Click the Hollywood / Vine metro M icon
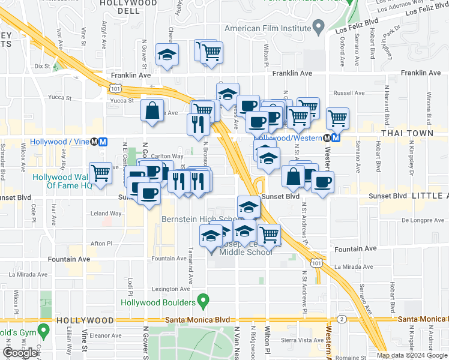[x=103, y=142]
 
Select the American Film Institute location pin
[x=319, y=28]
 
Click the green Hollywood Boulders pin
[x=204, y=299]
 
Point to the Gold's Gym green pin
[x=43, y=330]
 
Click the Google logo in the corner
[x=20, y=353]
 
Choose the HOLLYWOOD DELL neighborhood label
[x=128, y=4]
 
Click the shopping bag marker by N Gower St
[x=152, y=111]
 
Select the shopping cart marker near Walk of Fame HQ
[x=101, y=173]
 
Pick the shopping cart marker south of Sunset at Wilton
[x=270, y=235]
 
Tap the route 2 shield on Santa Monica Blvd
[x=341, y=318]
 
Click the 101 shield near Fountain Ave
[x=316, y=262]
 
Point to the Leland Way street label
[x=106, y=214]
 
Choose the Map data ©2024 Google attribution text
[x=412, y=355]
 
